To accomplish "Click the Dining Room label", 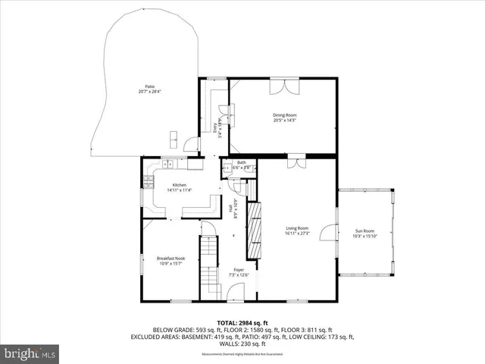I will pyautogui.click(x=285, y=115).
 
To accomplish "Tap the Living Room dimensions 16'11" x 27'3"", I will pyautogui.click(x=297, y=234).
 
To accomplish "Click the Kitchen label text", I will pyautogui.click(x=180, y=185).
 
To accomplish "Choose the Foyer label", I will pyautogui.click(x=239, y=269).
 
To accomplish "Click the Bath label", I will pyautogui.click(x=241, y=162).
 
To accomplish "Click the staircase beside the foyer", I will pyautogui.click(x=208, y=265).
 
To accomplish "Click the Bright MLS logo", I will pyautogui.click(x=30, y=353).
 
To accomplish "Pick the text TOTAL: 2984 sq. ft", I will pyautogui.click(x=242, y=322).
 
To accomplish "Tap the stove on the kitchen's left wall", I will pyautogui.click(x=147, y=181).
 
